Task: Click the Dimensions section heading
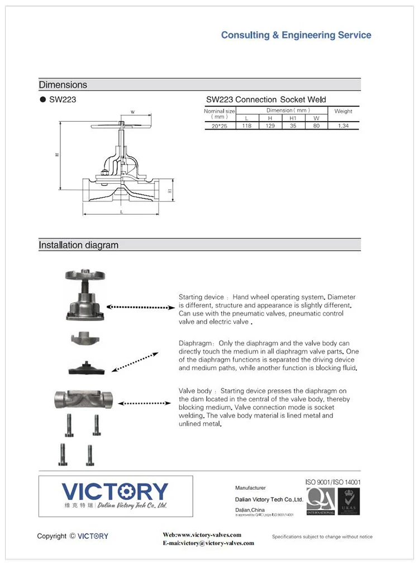point(63,85)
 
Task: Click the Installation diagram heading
point(78,245)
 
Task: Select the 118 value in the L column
point(246,126)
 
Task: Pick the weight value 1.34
point(343,126)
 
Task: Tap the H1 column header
point(293,118)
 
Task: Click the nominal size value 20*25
point(220,126)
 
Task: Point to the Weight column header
point(343,111)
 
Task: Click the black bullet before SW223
point(42,100)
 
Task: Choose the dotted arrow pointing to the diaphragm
point(134,361)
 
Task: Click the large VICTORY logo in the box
point(115,491)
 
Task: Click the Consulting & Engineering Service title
point(296,35)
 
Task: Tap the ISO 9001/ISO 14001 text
point(332,481)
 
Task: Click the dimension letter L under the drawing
point(121,212)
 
